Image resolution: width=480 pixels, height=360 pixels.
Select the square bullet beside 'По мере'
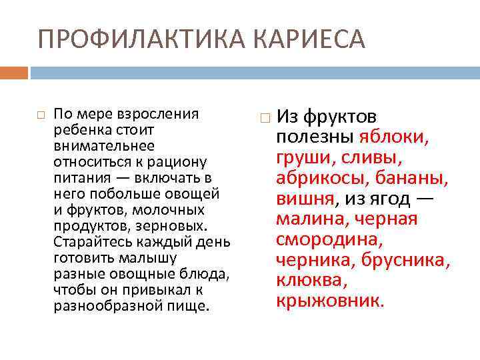(x=41, y=115)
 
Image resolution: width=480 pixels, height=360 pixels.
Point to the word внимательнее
(x=103, y=145)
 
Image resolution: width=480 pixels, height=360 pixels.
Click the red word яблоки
(x=394, y=138)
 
